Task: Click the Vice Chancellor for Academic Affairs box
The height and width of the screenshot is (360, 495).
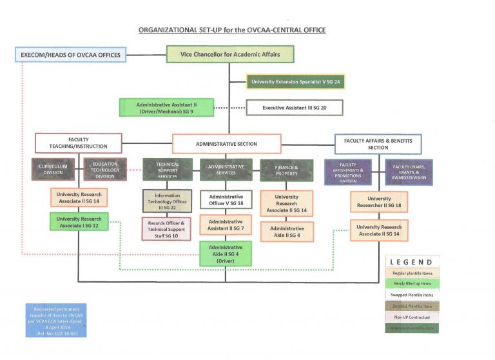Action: (230, 54)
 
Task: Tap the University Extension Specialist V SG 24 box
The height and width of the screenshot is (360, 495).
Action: (295, 82)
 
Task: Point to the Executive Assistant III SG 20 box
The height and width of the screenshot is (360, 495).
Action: (294, 108)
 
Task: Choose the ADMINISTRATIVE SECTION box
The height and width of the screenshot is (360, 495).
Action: (226, 143)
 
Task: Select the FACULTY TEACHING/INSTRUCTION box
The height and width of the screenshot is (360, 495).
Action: (78, 143)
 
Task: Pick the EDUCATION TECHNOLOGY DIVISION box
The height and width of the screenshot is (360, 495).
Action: (104, 170)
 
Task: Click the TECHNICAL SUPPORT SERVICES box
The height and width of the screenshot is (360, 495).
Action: (168, 170)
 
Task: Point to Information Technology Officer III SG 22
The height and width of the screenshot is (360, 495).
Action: (168, 201)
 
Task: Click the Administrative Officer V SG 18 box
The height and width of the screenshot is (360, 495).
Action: (226, 201)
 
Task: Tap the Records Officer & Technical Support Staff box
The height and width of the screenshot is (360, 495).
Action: (168, 228)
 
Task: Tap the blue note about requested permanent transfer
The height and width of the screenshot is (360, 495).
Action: (57, 320)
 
